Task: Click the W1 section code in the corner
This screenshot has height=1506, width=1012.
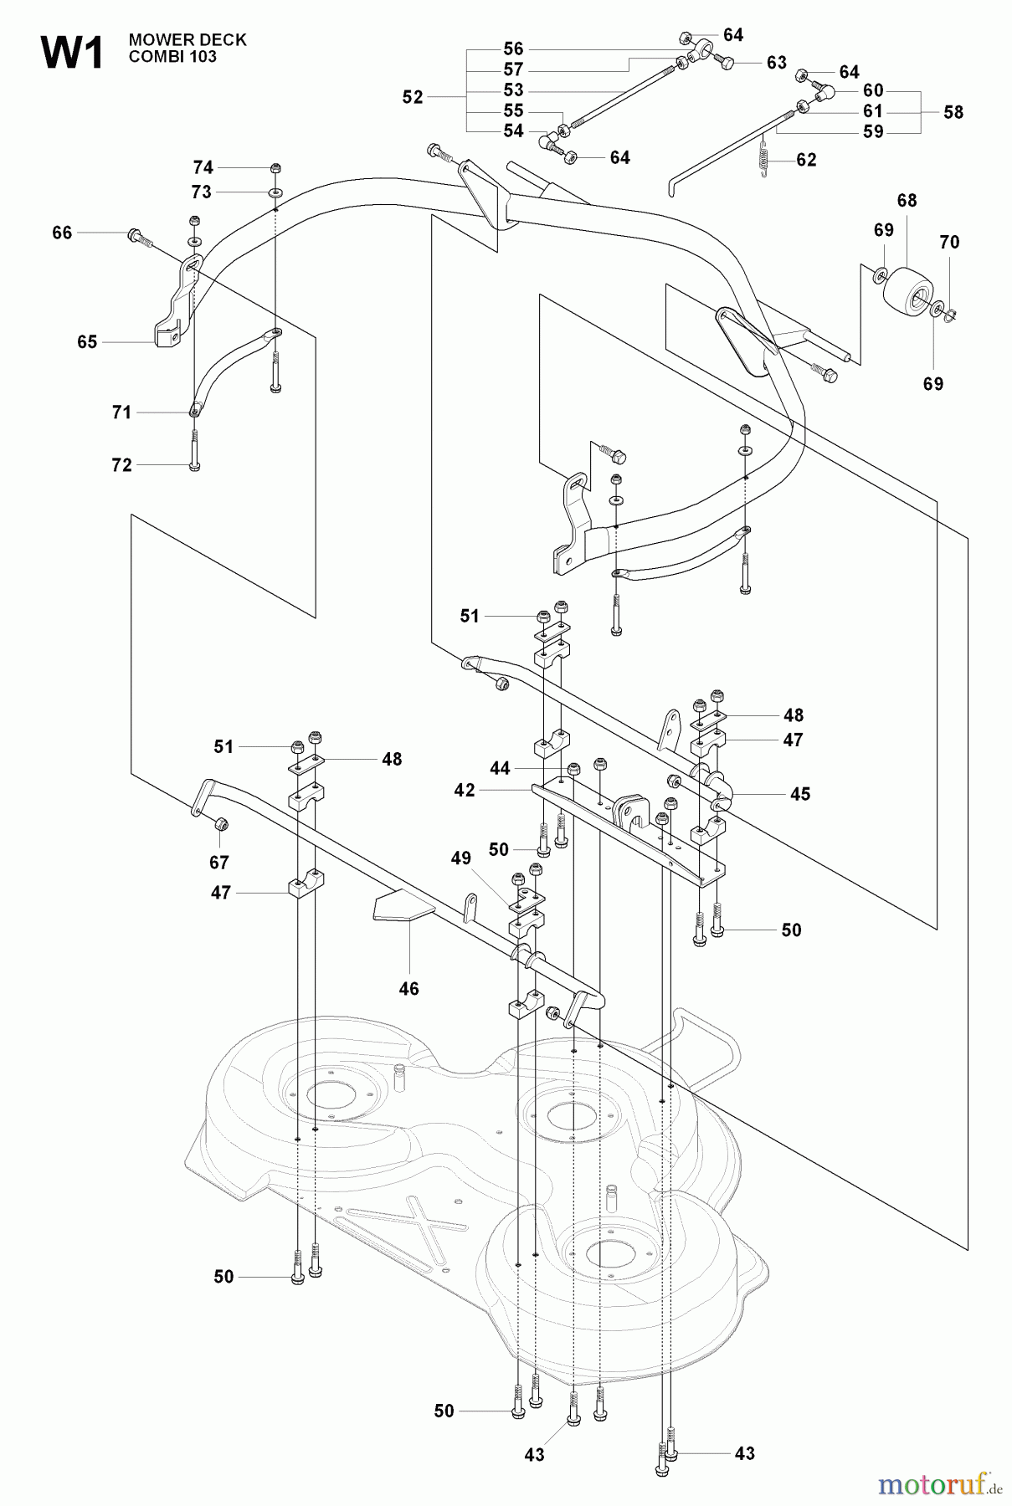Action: click(x=71, y=54)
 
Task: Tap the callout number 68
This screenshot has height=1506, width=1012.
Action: click(x=907, y=201)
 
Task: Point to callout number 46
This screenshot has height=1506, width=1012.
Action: click(x=408, y=988)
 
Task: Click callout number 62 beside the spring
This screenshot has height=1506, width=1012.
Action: click(x=806, y=160)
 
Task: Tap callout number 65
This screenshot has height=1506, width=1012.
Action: click(x=87, y=342)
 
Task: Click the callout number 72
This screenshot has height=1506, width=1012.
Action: click(x=122, y=465)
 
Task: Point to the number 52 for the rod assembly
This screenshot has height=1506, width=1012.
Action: click(x=413, y=97)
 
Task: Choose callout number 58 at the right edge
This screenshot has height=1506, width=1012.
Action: click(x=953, y=112)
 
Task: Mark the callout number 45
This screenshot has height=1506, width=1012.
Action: click(x=800, y=793)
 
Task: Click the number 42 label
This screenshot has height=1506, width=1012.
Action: click(x=465, y=790)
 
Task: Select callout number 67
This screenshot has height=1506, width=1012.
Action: click(x=219, y=862)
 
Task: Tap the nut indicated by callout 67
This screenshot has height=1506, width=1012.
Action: click(x=220, y=826)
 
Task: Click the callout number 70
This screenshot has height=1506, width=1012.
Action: click(x=949, y=243)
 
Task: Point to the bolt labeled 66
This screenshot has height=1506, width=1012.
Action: click(x=139, y=237)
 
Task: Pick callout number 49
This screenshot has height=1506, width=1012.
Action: click(x=460, y=858)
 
